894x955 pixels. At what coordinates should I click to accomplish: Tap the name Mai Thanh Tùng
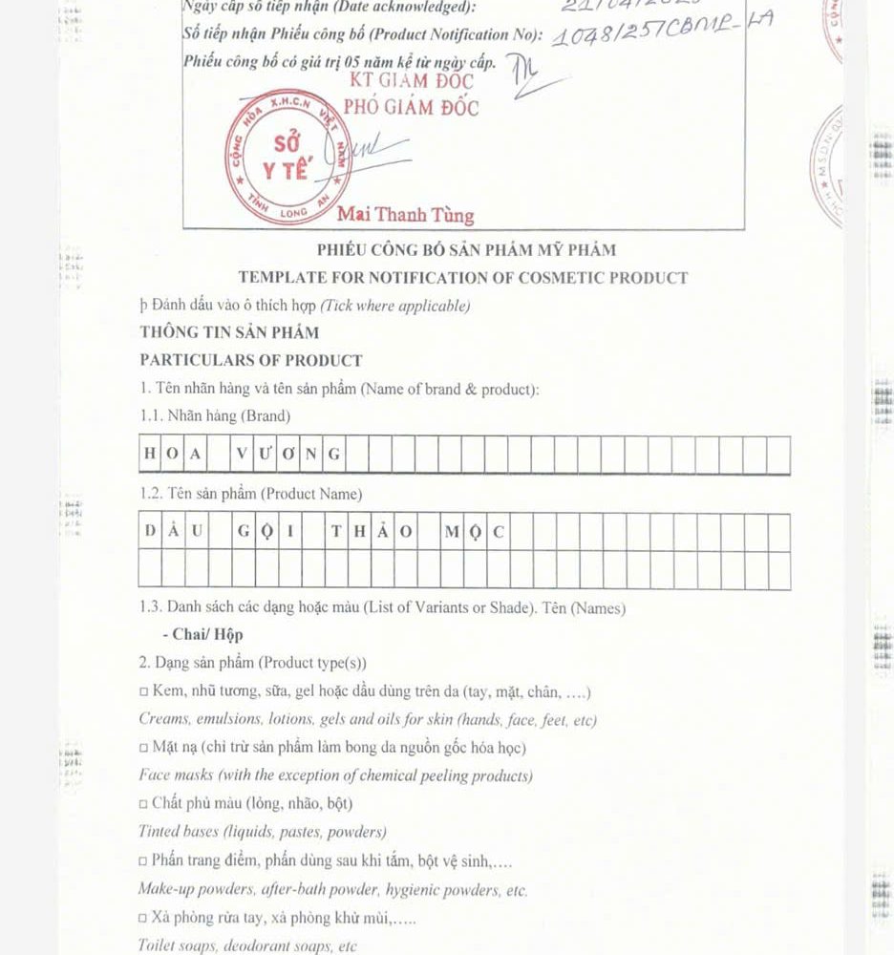(405, 215)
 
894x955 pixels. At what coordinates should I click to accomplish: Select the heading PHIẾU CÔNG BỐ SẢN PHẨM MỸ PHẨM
(466, 250)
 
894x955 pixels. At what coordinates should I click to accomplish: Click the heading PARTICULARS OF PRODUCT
(251, 360)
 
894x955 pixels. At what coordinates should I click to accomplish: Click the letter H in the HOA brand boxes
(150, 454)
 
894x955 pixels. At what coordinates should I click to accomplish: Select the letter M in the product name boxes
(451, 532)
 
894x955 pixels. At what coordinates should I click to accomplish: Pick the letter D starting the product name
(150, 532)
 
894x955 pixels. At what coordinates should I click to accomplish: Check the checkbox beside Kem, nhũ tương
(144, 692)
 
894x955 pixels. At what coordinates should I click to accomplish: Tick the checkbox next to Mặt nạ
(144, 748)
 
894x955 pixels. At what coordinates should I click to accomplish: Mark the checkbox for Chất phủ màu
(144, 804)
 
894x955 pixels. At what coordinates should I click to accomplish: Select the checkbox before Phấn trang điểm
(144, 861)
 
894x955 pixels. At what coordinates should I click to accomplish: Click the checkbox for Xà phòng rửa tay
(144, 918)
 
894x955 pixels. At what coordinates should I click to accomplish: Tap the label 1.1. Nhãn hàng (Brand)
(215, 416)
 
